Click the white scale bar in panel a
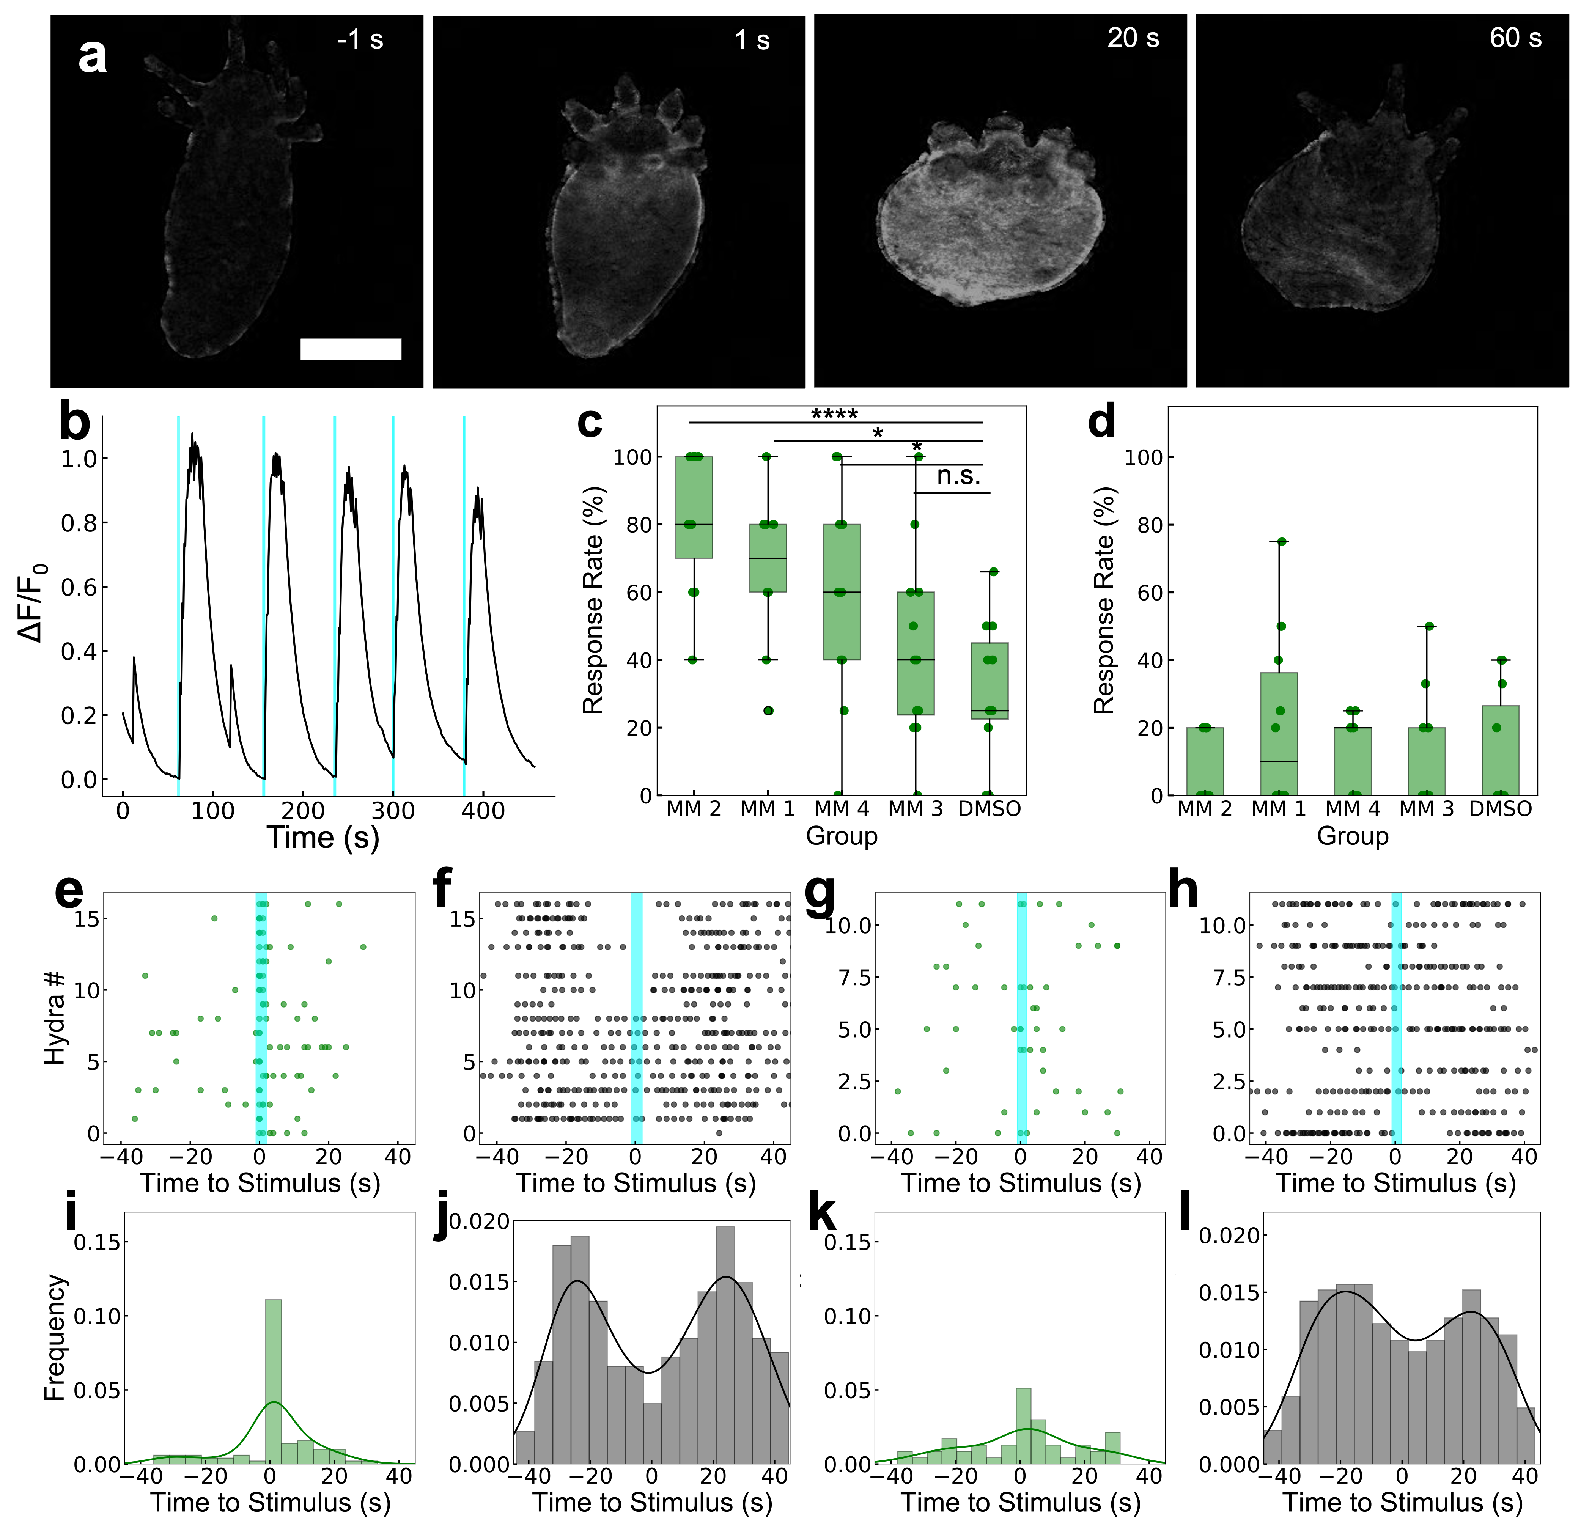351,348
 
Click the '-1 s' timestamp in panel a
360,39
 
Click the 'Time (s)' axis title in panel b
322,837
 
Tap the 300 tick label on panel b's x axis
393,811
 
